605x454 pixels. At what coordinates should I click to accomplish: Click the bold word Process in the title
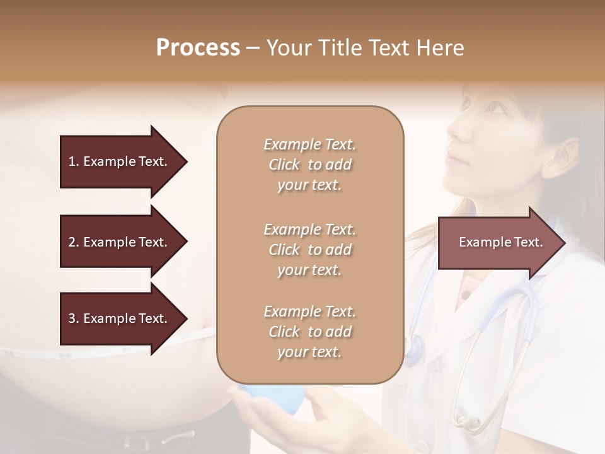tap(198, 48)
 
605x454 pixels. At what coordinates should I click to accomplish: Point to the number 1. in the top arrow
tap(74, 161)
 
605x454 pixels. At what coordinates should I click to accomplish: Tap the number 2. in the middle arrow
tap(74, 242)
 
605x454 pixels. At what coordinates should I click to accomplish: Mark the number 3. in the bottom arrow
tap(74, 318)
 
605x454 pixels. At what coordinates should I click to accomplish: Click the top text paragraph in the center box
tap(309, 165)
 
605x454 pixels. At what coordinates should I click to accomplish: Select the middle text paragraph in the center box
tap(309, 250)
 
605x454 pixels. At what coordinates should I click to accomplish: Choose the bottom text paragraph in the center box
tap(309, 332)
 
